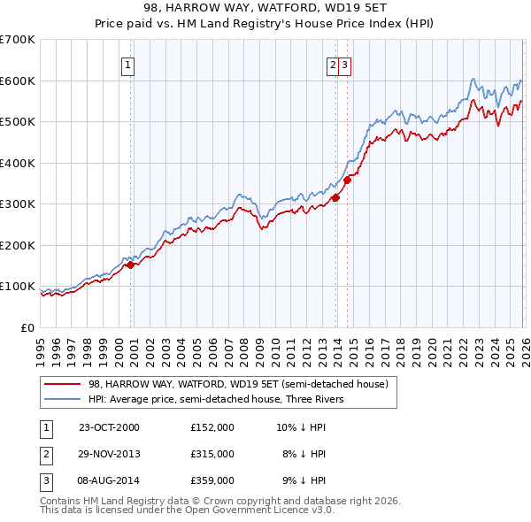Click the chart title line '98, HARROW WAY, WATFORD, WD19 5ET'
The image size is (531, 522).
click(265, 8)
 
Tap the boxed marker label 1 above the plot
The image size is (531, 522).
click(127, 64)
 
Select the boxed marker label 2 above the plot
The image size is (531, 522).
click(333, 64)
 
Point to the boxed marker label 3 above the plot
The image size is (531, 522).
click(345, 64)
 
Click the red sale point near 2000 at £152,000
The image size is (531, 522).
click(130, 265)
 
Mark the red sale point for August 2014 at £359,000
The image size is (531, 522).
click(347, 180)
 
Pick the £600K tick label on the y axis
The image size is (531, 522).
click(18, 81)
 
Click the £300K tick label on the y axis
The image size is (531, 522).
click(18, 203)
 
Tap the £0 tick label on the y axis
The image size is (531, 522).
click(28, 327)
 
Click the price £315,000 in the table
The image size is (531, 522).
click(212, 454)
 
